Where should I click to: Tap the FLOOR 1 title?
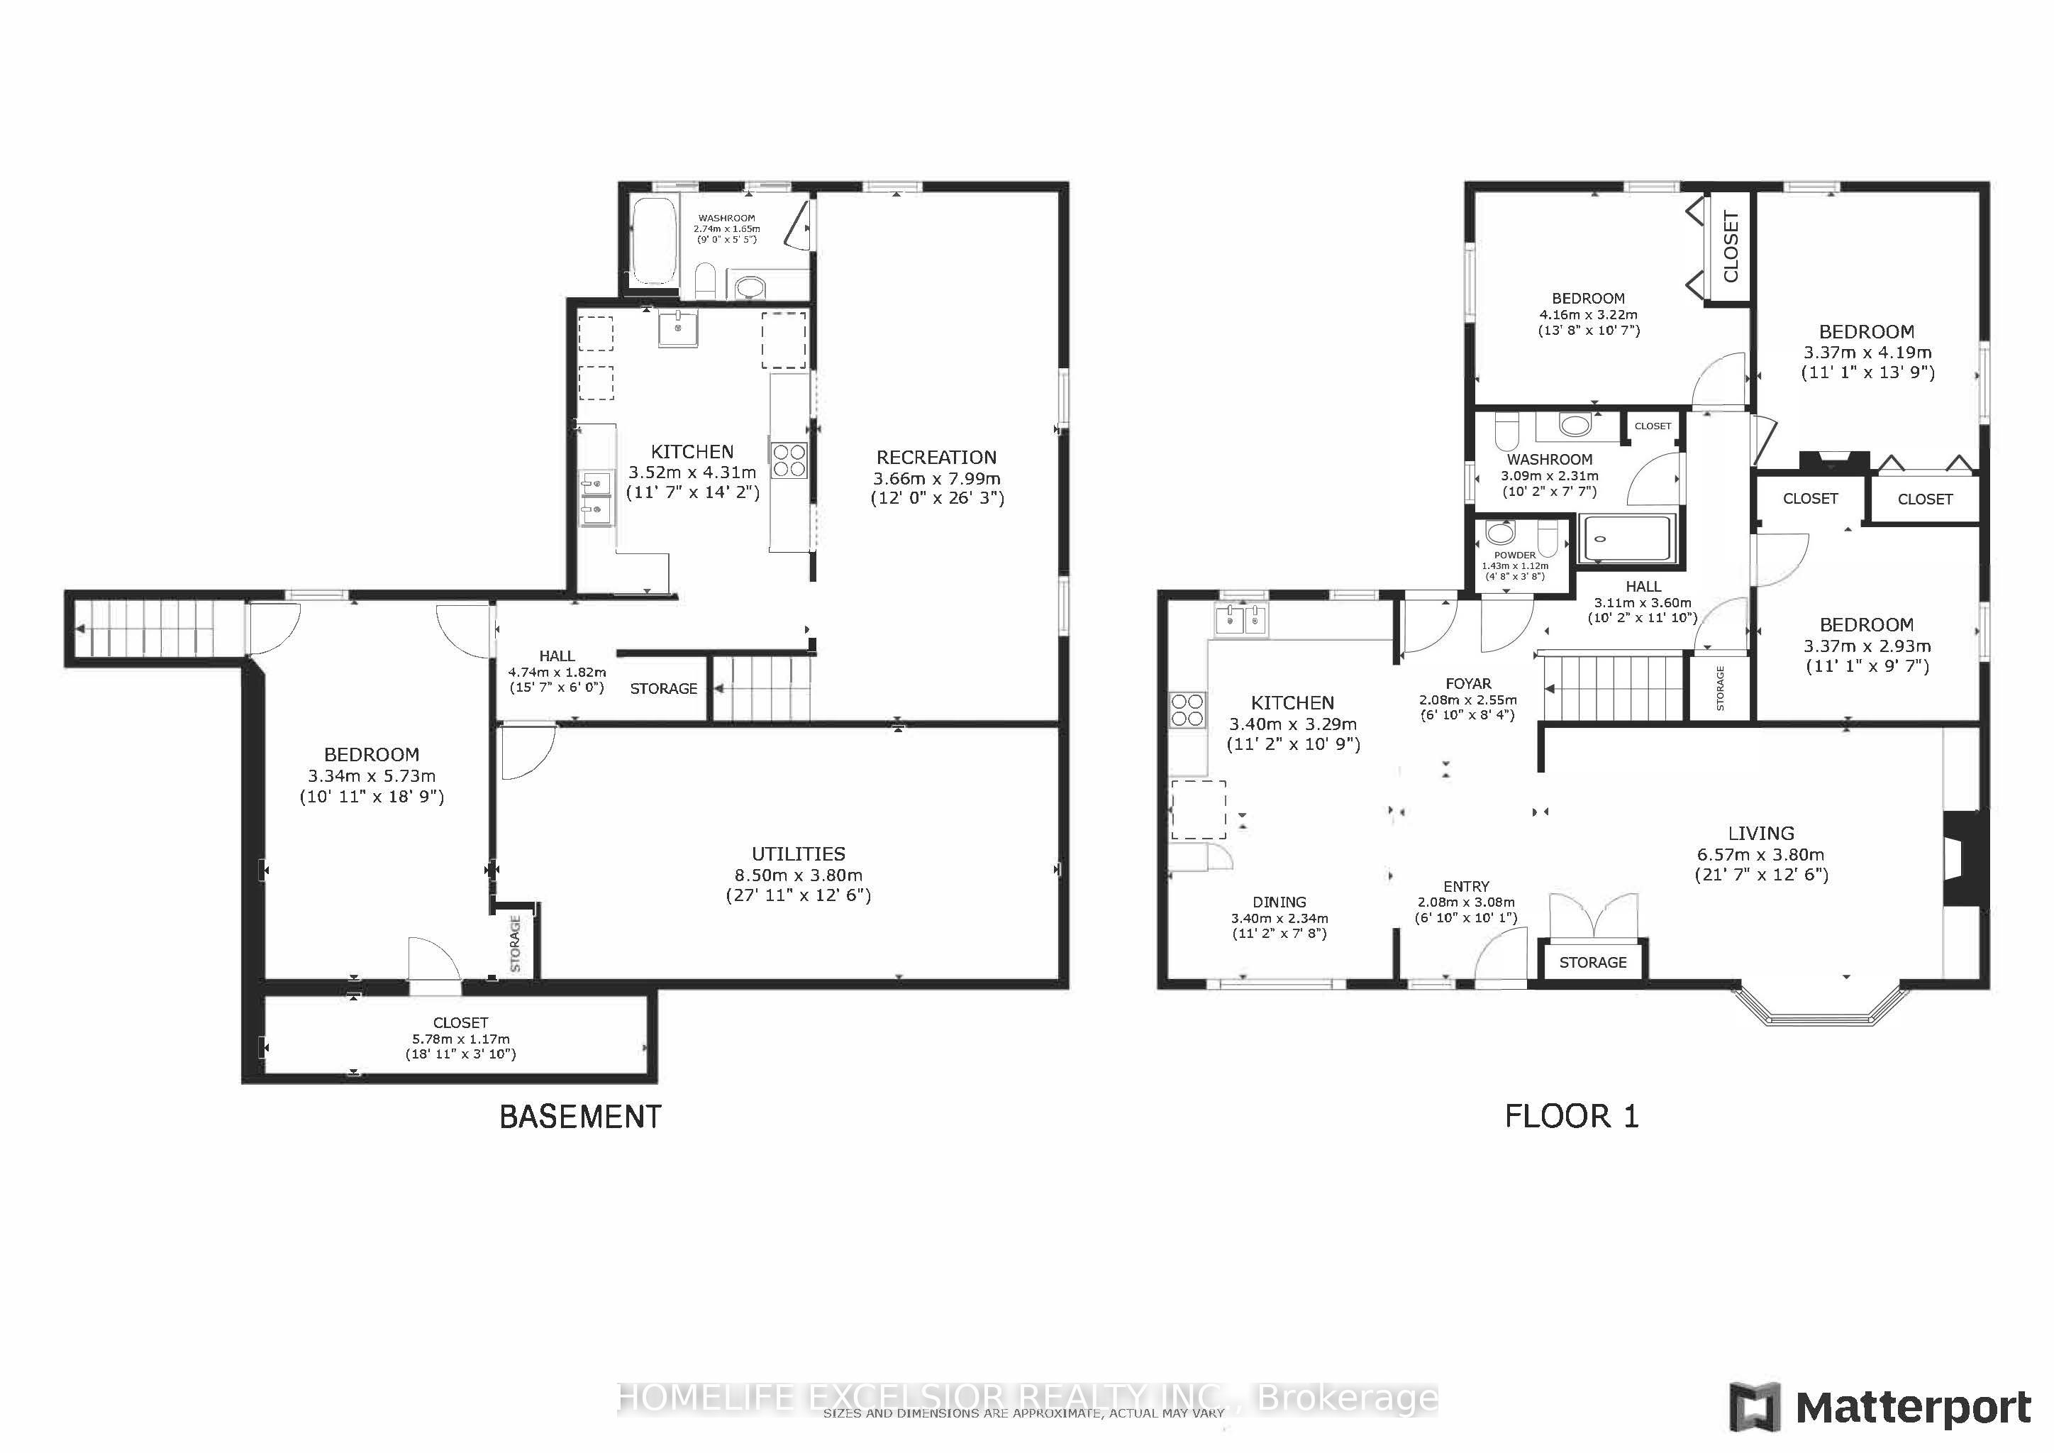[x=1572, y=1116]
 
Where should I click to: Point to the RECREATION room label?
[x=937, y=457]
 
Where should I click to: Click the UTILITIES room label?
[x=798, y=853]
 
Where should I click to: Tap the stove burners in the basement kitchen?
[x=789, y=460]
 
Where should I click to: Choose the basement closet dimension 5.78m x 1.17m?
[x=461, y=1039]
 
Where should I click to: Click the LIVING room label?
[x=1760, y=833]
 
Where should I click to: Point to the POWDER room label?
[x=1514, y=555]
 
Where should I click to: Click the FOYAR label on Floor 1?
[x=1468, y=683]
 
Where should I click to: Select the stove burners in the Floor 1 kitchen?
[x=1187, y=710]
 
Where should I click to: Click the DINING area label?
[x=1279, y=902]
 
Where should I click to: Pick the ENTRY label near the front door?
[x=1466, y=885]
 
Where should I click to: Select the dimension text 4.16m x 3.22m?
[x=1588, y=315]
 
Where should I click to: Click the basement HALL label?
[x=557, y=656]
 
